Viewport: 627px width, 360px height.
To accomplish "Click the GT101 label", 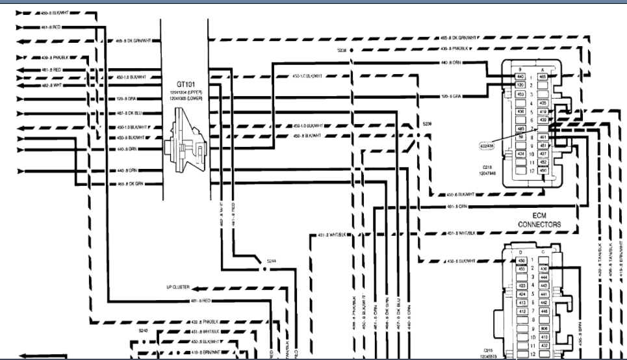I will tap(186, 84).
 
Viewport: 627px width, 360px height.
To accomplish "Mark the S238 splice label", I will tap(342, 49).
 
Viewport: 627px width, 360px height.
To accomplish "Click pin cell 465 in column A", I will tap(543, 77).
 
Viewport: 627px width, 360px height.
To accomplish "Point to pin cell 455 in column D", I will tap(521, 268).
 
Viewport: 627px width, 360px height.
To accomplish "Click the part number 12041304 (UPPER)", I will tap(186, 93).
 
